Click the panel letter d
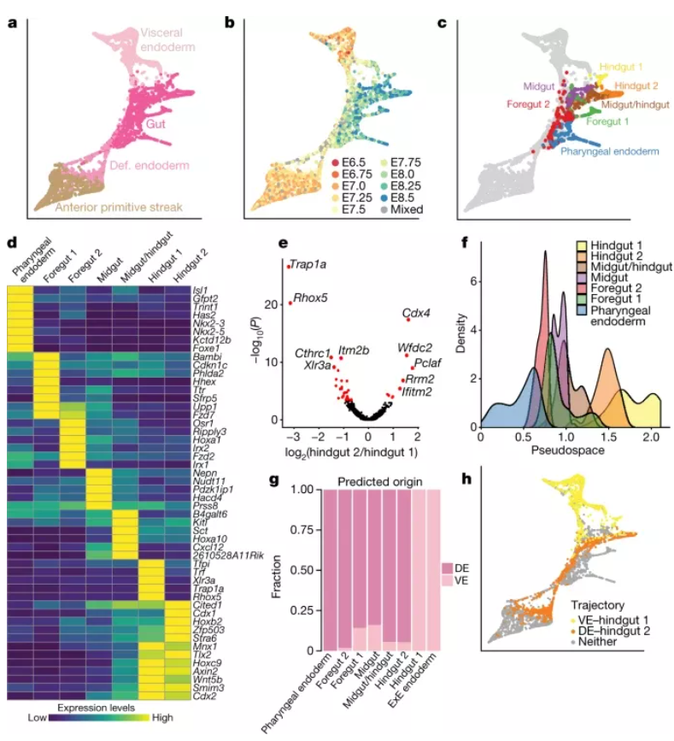click(12, 241)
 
